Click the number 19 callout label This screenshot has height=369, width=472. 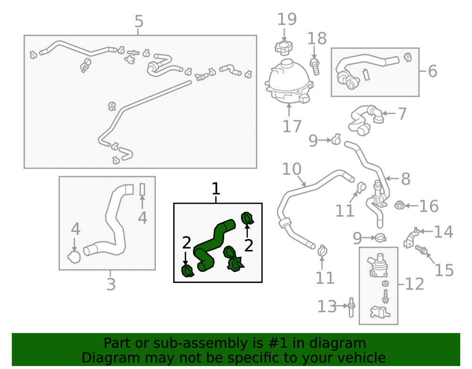coord(287,19)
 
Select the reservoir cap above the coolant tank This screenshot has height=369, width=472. coord(284,48)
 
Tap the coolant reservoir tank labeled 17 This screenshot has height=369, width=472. coord(289,81)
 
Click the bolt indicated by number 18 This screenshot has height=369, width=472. coord(314,67)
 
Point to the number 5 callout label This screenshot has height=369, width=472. coord(139,21)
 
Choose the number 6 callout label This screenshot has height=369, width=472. coord(432,71)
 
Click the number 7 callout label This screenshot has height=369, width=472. coord(402,113)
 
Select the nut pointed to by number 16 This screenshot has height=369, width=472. coord(399,206)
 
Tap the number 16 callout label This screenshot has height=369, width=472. coord(429,206)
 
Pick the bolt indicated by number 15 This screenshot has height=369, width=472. coord(421,250)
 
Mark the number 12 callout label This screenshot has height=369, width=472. coord(414,284)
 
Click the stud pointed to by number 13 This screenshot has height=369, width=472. coord(351,307)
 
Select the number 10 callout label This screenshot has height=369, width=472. coord(292,169)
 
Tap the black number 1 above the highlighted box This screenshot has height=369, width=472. coord(216,189)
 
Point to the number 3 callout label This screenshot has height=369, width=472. coord(111,284)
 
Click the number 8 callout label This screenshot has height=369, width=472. coord(405,179)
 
